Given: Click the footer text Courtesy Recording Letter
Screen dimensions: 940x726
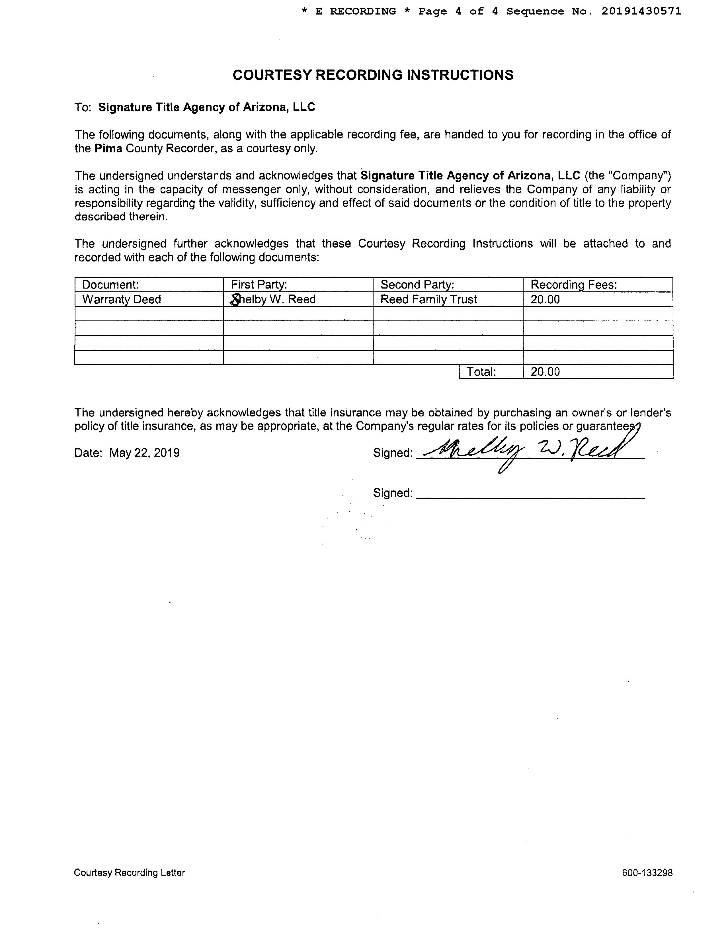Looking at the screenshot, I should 130,873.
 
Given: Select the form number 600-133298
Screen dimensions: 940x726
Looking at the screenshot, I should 647,873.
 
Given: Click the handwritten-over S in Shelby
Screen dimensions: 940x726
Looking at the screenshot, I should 235,300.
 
